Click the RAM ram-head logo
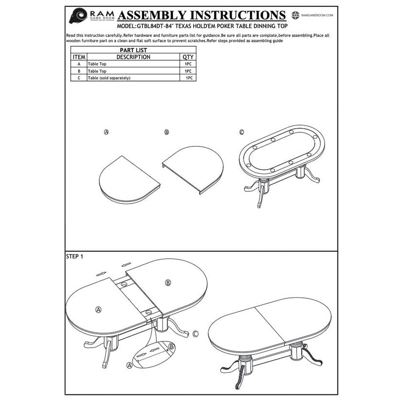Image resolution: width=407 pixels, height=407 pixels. tap(78, 15)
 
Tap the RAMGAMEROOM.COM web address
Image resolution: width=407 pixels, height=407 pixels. tap(317, 15)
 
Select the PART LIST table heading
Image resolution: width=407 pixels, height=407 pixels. tap(133, 50)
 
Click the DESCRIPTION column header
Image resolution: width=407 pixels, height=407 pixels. tap(133, 57)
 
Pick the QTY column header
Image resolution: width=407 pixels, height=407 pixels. tap(188, 57)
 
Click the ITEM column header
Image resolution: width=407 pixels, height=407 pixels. tap(79, 57)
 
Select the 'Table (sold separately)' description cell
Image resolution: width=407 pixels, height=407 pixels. tap(109, 78)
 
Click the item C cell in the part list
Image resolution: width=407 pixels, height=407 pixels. tap(79, 78)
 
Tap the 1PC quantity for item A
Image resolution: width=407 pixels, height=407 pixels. tap(188, 64)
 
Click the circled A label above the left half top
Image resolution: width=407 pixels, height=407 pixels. tap(106, 132)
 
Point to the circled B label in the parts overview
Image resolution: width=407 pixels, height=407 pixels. tap(166, 132)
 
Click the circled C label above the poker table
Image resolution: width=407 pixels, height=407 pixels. tap(242, 132)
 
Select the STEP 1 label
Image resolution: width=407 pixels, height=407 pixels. tap(74, 257)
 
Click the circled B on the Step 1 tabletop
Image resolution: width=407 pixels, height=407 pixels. tap(168, 283)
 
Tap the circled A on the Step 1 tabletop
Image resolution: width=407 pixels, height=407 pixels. tap(98, 309)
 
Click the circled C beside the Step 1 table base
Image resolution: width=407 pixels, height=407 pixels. tap(196, 334)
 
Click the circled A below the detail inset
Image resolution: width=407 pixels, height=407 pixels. tap(129, 365)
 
